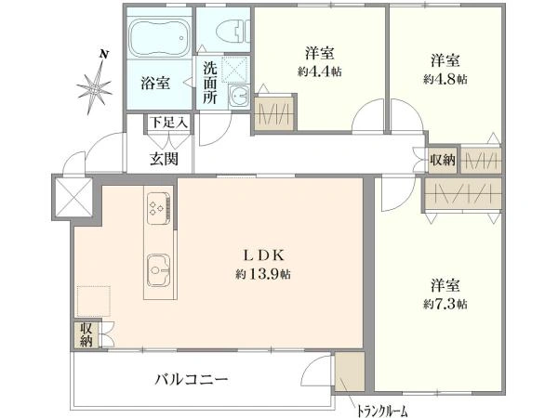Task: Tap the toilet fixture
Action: click(x=232, y=32)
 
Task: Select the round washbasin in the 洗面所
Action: click(x=239, y=96)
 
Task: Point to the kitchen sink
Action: click(x=158, y=270)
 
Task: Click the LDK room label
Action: click(x=263, y=255)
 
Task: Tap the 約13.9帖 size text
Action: click(x=262, y=274)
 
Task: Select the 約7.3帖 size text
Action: click(x=445, y=304)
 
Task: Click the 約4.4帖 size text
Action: click(x=320, y=72)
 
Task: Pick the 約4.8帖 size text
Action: click(x=445, y=79)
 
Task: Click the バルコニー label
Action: click(x=192, y=380)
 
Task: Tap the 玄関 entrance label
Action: click(x=164, y=159)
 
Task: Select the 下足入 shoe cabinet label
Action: click(x=168, y=123)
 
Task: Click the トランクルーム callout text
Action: click(x=382, y=411)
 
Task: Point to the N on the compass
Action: click(x=104, y=55)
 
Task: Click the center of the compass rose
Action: click(x=95, y=89)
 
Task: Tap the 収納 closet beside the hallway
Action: click(x=443, y=161)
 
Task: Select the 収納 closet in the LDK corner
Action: click(x=86, y=334)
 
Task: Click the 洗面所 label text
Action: click(x=210, y=83)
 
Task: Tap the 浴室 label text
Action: click(x=155, y=83)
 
